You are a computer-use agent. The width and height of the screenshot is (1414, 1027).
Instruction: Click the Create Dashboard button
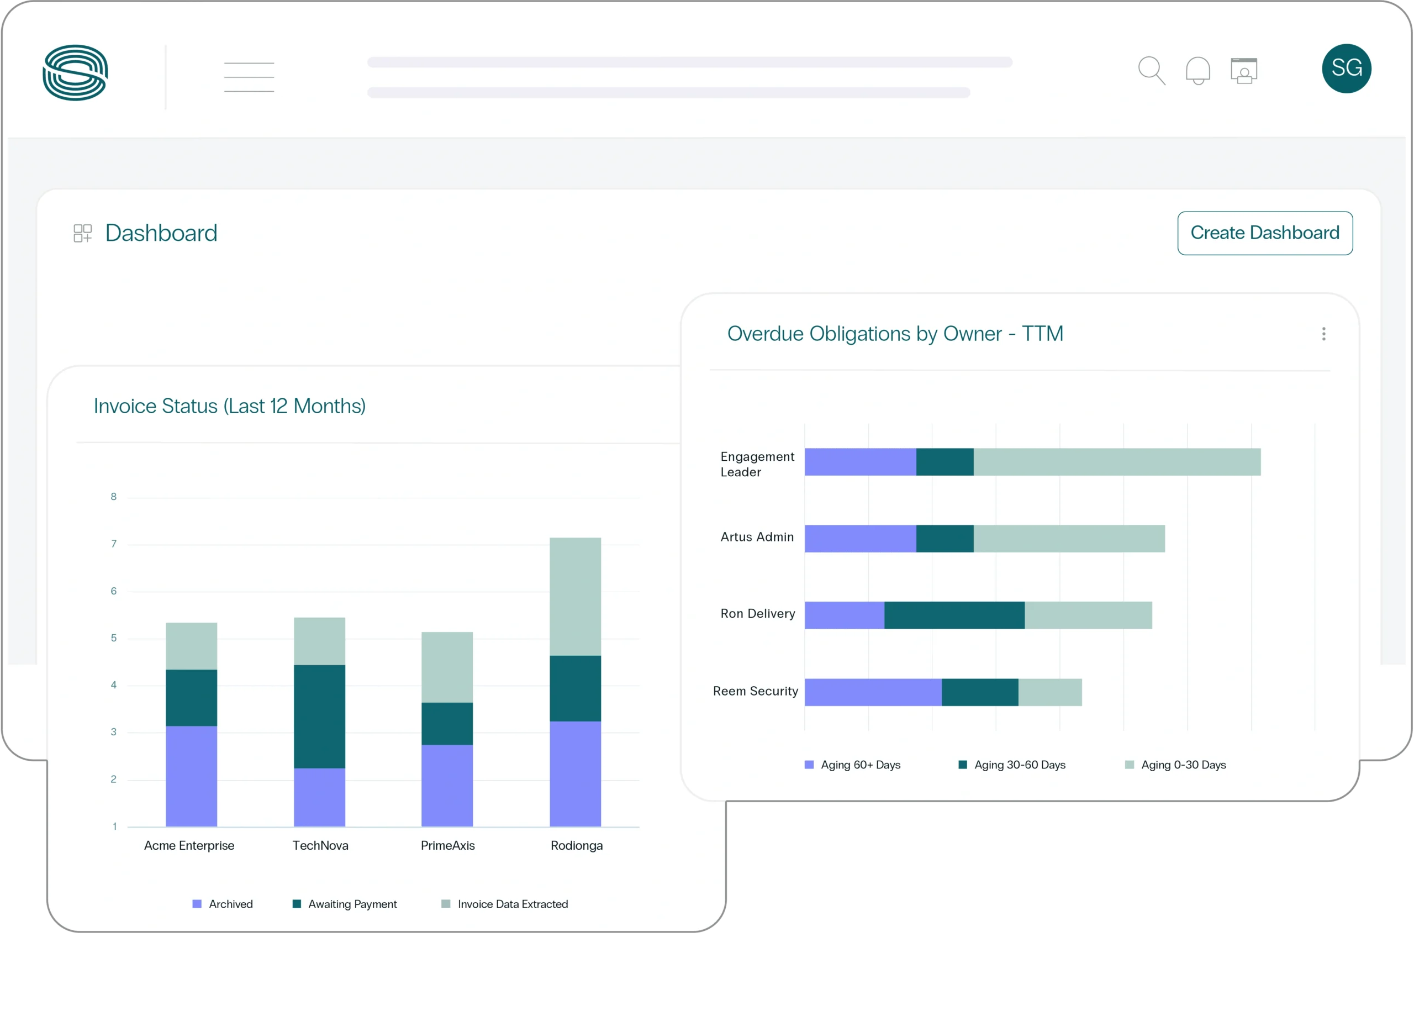click(1264, 233)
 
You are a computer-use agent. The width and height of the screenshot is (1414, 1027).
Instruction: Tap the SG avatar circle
click(1346, 69)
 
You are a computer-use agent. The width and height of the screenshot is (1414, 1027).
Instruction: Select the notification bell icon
click(1197, 71)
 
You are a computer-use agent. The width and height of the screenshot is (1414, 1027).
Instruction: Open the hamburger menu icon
click(249, 77)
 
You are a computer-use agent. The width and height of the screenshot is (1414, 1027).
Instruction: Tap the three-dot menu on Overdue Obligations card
click(1323, 334)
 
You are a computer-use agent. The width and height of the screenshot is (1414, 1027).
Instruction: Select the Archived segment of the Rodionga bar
click(575, 773)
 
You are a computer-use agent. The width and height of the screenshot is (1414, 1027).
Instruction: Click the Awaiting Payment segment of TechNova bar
click(319, 716)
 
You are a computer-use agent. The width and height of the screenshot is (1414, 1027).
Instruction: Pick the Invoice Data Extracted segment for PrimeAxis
click(447, 667)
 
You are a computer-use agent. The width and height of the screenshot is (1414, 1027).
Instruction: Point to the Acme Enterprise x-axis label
click(189, 846)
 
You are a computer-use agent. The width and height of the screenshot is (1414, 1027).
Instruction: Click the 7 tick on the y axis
click(113, 544)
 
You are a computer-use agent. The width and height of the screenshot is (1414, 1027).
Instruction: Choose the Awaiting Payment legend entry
click(345, 904)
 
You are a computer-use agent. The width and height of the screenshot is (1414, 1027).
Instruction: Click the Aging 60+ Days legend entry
click(852, 765)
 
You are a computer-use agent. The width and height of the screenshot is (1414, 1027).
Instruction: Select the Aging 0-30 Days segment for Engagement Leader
click(1117, 462)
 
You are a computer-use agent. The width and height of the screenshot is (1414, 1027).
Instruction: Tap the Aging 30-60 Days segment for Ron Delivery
click(954, 615)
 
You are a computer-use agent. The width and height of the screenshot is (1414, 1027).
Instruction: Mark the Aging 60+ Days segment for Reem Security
click(873, 692)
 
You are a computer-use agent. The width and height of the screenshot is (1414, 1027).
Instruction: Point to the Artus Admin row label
click(757, 537)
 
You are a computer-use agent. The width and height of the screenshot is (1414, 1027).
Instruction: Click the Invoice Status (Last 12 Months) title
click(229, 406)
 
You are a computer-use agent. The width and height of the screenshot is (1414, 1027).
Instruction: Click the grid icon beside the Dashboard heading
click(82, 233)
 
